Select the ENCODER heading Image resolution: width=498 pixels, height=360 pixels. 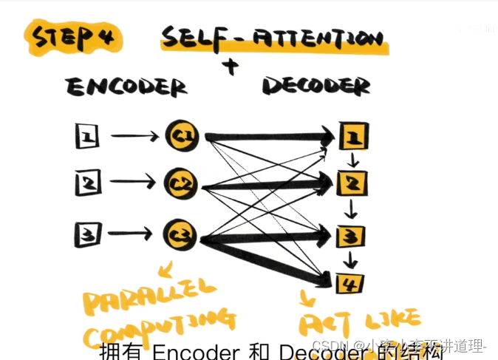click(x=126, y=88)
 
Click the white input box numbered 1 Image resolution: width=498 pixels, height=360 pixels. click(x=87, y=135)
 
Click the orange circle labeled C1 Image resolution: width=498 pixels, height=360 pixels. click(x=180, y=135)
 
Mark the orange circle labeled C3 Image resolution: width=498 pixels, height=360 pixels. click(x=180, y=234)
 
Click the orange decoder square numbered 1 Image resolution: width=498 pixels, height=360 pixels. click(x=352, y=137)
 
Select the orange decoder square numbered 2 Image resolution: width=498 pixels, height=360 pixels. click(x=351, y=180)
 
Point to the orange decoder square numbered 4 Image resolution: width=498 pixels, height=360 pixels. click(x=348, y=282)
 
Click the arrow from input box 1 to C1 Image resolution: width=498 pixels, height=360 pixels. click(x=134, y=136)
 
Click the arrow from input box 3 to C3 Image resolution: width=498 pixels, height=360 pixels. click(x=134, y=235)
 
